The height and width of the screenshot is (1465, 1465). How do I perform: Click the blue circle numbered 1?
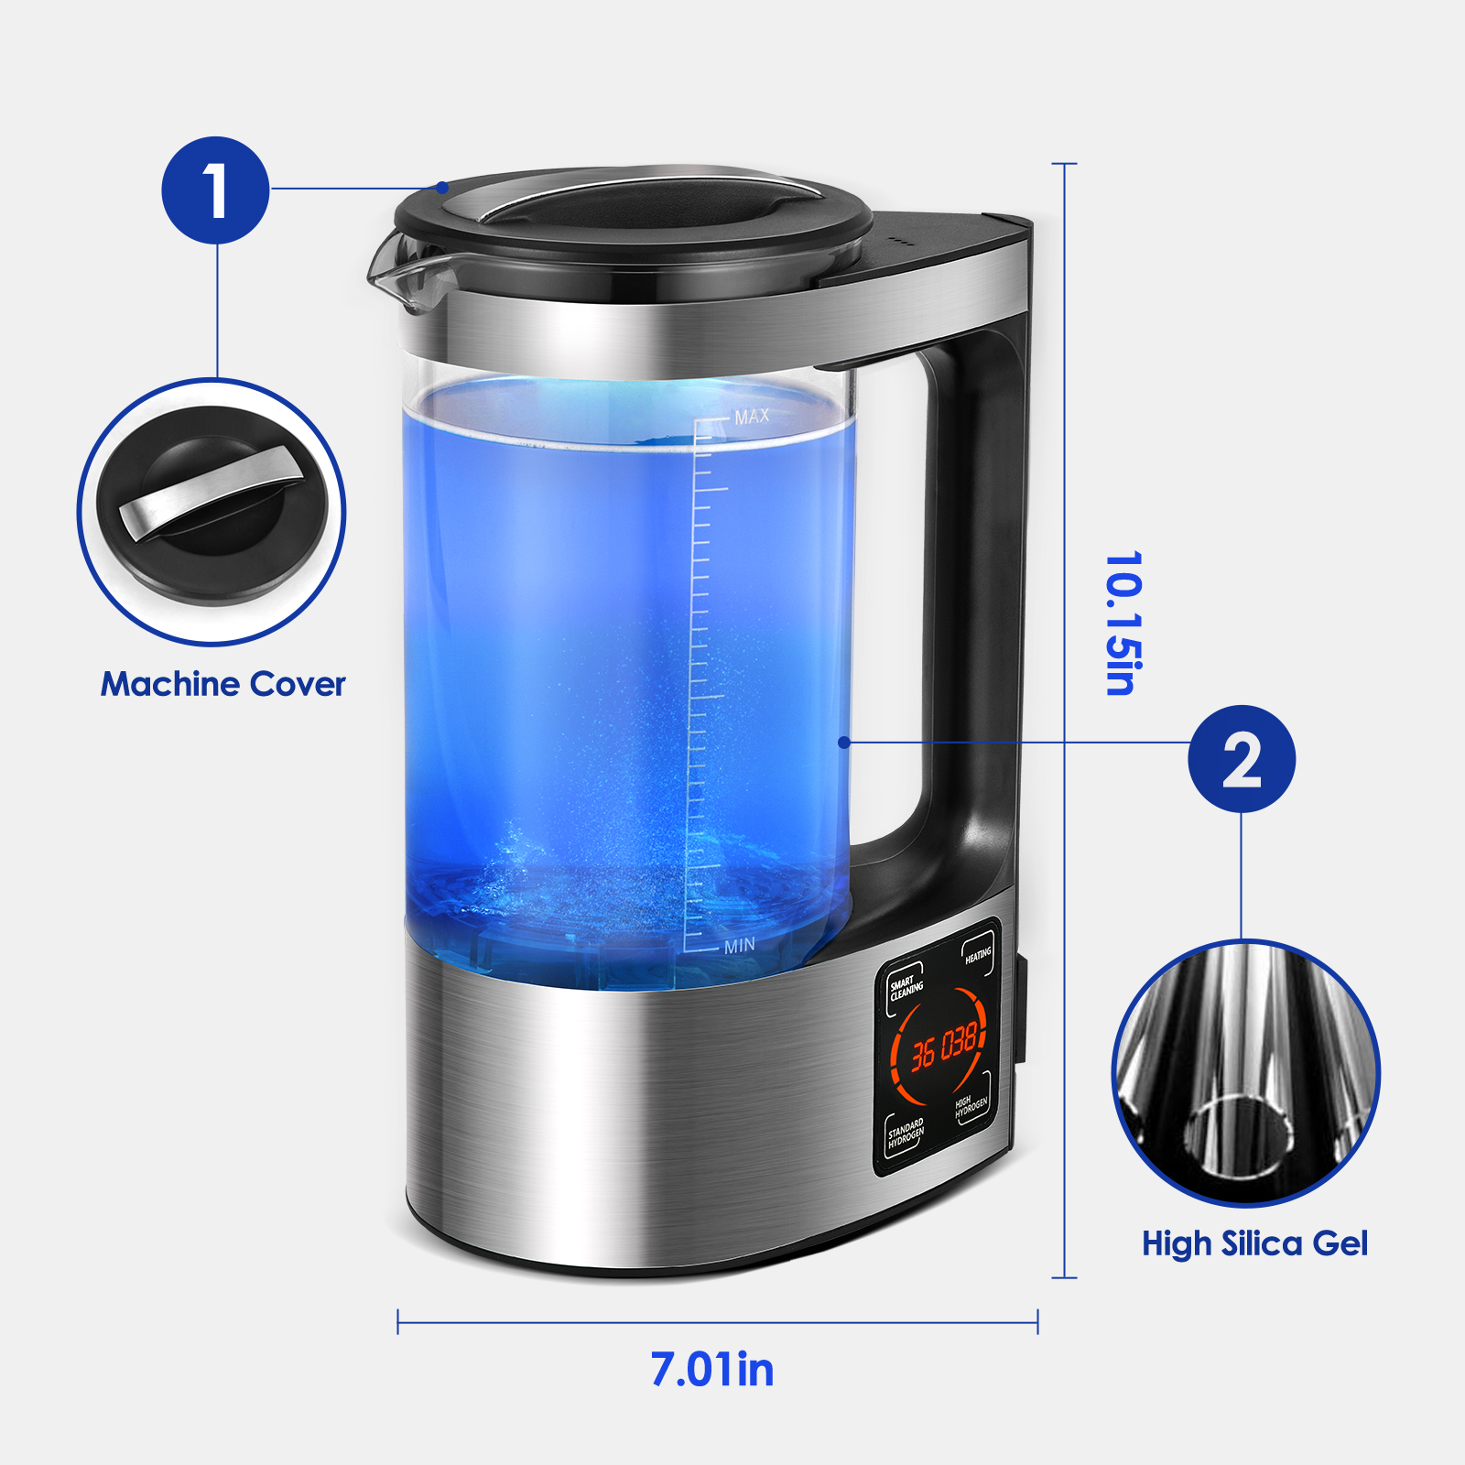[x=215, y=190]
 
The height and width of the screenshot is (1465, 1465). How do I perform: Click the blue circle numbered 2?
[x=1242, y=759]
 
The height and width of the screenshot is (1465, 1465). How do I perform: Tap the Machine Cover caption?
[x=223, y=684]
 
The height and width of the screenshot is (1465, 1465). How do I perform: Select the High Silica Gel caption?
[x=1254, y=1243]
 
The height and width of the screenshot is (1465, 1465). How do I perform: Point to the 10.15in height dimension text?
[x=1123, y=624]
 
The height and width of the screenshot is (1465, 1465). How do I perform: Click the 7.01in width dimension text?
[x=712, y=1370]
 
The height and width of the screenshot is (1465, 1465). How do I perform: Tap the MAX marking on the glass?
[x=752, y=417]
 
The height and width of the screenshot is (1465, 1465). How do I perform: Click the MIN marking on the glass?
[x=740, y=946]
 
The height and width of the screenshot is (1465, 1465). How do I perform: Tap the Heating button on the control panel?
[x=978, y=956]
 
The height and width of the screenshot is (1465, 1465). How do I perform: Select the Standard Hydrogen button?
[x=906, y=1134]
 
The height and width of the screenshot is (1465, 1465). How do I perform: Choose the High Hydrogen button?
[x=971, y=1107]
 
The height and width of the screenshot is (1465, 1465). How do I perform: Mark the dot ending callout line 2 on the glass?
[x=844, y=743]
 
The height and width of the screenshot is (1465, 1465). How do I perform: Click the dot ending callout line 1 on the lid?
[x=442, y=188]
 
